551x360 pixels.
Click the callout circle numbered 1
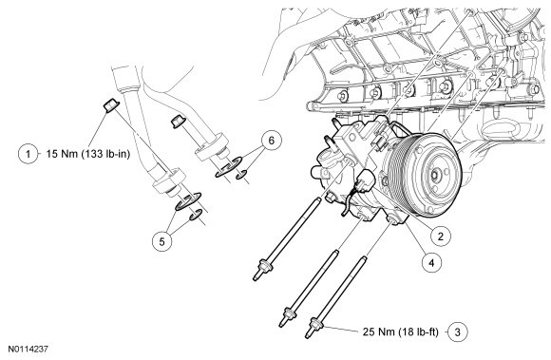pyautogui.click(x=28, y=154)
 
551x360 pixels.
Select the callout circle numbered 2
pyautogui.click(x=440, y=236)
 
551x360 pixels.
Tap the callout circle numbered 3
pyautogui.click(x=458, y=332)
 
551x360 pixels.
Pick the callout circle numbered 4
pyautogui.click(x=431, y=262)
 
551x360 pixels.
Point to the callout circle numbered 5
pyautogui.click(x=161, y=241)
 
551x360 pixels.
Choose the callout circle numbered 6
pyautogui.click(x=271, y=141)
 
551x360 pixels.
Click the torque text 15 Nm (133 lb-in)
pyautogui.click(x=87, y=154)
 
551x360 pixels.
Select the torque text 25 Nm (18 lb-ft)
pyautogui.click(x=401, y=332)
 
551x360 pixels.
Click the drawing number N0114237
pyautogui.click(x=28, y=350)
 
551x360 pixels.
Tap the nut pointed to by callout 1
pyautogui.click(x=111, y=105)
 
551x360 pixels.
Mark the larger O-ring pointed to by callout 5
pyautogui.click(x=188, y=201)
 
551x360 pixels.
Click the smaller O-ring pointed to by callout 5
pyautogui.click(x=196, y=215)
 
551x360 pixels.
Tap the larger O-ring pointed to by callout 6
pyautogui.click(x=228, y=167)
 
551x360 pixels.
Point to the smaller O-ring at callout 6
pyautogui.click(x=240, y=174)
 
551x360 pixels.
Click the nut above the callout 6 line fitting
pyautogui.click(x=178, y=122)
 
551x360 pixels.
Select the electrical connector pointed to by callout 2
pyautogui.click(x=366, y=180)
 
